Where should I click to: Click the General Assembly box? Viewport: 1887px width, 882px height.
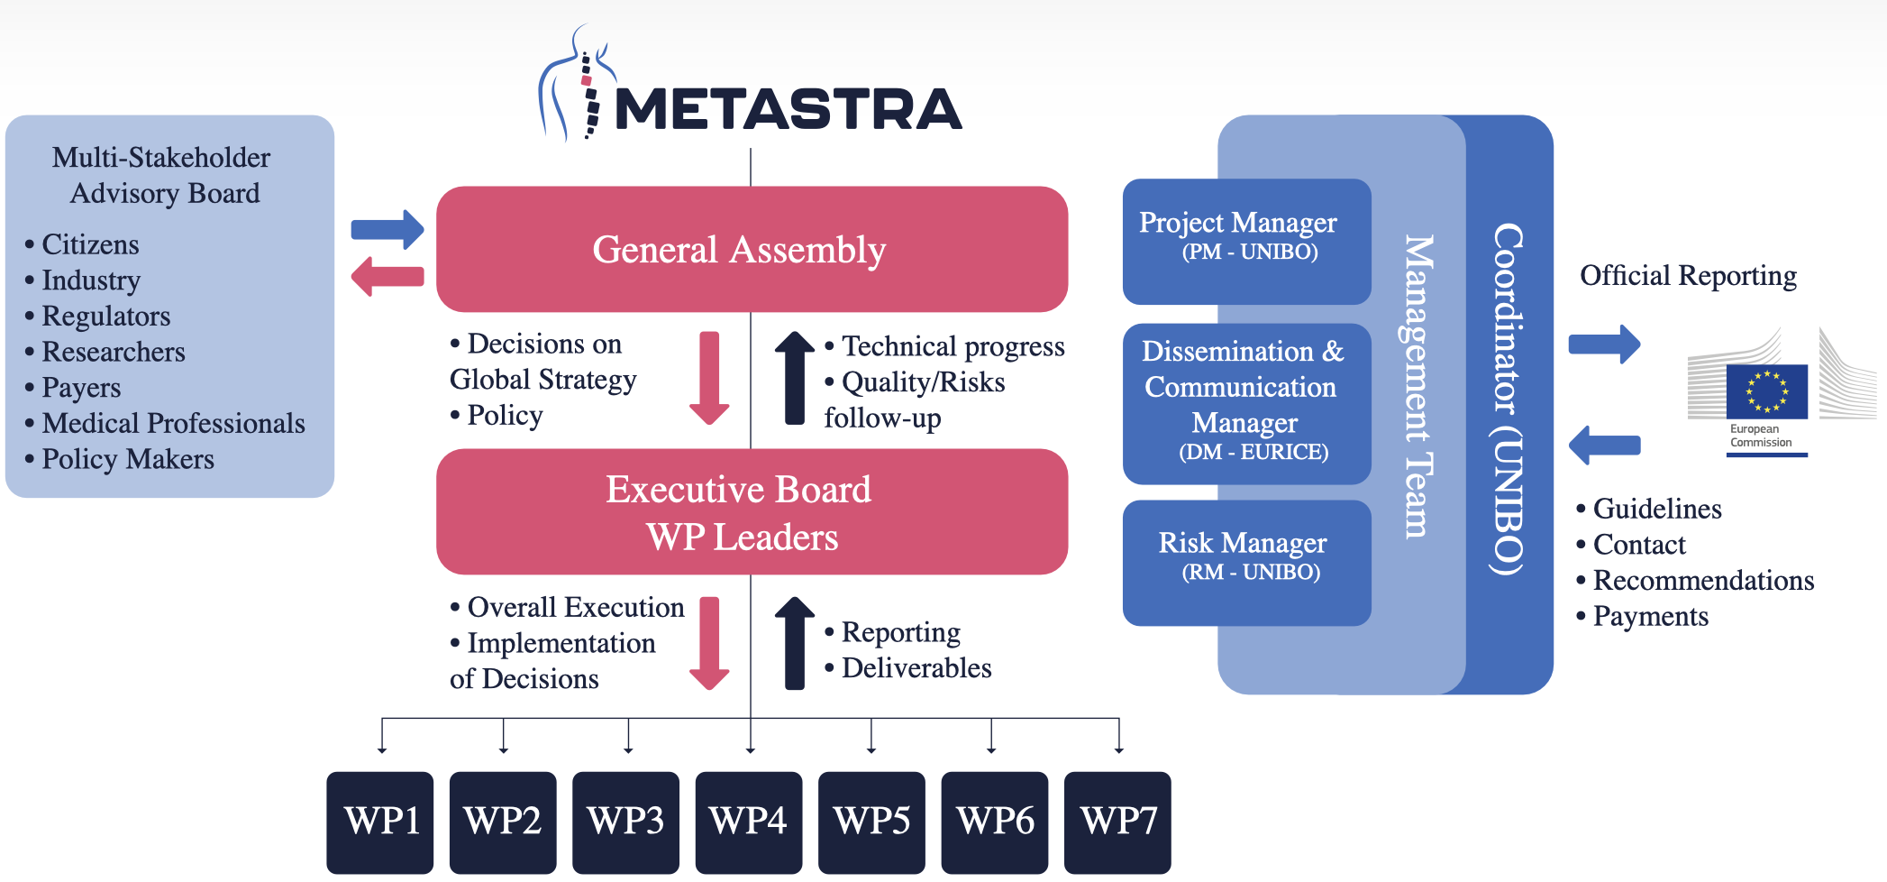coord(752,249)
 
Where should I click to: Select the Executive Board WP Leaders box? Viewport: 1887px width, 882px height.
coord(752,511)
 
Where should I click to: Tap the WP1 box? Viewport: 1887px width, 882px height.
coord(380,822)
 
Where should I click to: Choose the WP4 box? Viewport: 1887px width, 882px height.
coord(749,822)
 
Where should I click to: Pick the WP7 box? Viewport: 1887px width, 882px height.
coord(1117,822)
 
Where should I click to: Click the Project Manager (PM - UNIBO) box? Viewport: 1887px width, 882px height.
coord(1246,241)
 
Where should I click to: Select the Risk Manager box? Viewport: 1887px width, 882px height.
coord(1246,563)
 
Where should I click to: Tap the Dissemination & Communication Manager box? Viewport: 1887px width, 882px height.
coord(1246,403)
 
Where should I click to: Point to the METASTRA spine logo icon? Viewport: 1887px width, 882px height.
coord(577,84)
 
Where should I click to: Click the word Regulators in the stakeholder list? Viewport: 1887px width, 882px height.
coord(105,317)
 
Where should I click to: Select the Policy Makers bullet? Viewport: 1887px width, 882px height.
coord(119,459)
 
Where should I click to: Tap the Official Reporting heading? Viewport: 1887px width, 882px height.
coord(1688,275)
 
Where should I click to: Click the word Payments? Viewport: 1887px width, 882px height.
coord(1650,616)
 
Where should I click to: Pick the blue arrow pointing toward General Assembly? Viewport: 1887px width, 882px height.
coord(387,230)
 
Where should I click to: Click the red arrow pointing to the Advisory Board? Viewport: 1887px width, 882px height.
coord(387,276)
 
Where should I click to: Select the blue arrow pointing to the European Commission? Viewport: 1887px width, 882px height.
coord(1605,345)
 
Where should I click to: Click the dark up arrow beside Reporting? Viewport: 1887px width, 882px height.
coord(795,643)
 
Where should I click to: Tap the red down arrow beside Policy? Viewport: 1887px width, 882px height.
coord(709,378)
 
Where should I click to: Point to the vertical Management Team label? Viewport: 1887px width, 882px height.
coord(1417,387)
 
